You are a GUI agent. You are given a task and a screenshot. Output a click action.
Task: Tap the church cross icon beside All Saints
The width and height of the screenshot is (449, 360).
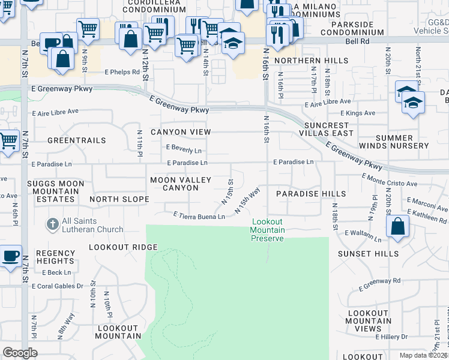pos(52,224)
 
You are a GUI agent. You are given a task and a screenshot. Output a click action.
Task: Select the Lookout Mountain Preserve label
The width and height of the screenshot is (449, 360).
pos(267,230)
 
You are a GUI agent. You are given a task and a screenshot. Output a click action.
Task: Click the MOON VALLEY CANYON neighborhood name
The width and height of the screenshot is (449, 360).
pos(181,184)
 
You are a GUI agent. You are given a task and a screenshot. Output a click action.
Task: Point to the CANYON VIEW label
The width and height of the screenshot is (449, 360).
pos(181,132)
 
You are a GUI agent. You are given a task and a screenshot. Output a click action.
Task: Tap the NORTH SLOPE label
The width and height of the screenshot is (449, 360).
pos(119,199)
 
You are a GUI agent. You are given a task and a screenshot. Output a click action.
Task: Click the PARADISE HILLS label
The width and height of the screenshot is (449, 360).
pos(310,194)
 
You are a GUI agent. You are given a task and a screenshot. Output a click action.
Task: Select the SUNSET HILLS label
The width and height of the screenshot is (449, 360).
pos(368,254)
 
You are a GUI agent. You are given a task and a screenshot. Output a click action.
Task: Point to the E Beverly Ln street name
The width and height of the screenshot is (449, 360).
pos(184,150)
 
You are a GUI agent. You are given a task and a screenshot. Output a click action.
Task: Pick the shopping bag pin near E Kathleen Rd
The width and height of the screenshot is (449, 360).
pos(397,227)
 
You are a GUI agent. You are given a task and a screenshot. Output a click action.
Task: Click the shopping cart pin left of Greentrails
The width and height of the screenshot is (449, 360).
pos(8,141)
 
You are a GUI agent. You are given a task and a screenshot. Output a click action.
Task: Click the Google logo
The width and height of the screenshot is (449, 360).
pos(20,352)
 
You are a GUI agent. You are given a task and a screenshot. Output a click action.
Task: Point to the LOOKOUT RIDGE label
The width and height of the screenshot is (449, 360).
pos(123,247)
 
